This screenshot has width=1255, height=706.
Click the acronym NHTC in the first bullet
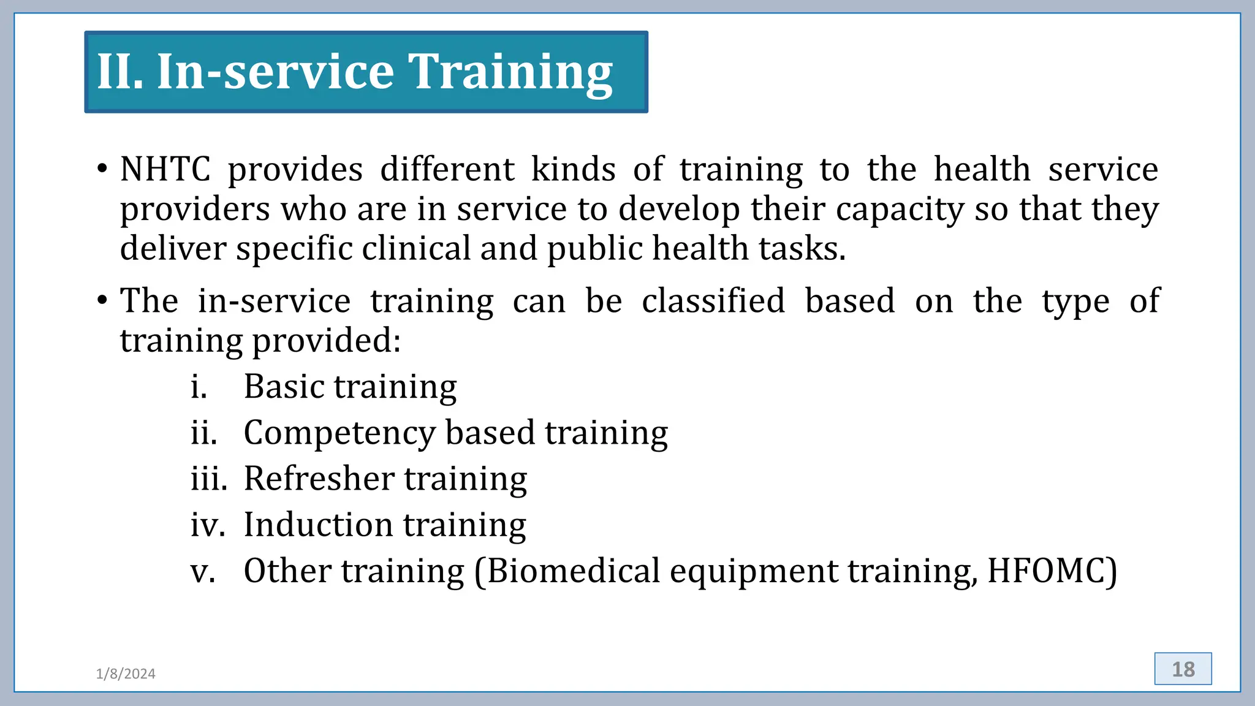tap(165, 169)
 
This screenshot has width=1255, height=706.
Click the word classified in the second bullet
tap(713, 301)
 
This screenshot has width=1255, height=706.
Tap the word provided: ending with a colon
tap(326, 340)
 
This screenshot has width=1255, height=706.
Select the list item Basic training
tap(350, 387)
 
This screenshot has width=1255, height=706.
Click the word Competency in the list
tap(339, 433)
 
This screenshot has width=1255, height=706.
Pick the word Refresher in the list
tap(319, 479)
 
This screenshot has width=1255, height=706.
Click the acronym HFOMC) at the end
tap(1052, 571)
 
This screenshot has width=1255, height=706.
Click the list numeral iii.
tap(208, 479)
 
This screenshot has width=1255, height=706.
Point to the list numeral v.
tap(202, 572)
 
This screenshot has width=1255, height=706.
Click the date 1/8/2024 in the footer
tap(126, 674)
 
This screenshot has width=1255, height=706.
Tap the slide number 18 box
tap(1183, 669)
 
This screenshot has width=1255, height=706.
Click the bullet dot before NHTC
tap(102, 169)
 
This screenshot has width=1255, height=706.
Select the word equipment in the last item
tap(753, 572)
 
